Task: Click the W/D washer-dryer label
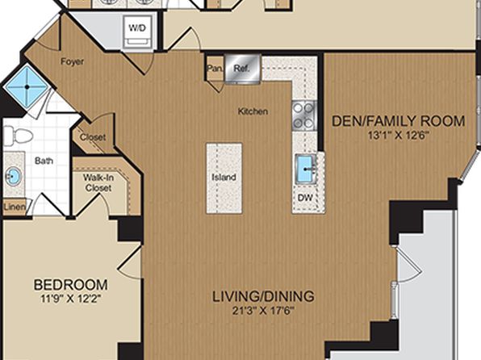click(x=137, y=28)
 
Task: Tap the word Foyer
click(x=72, y=61)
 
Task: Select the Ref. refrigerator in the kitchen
click(x=242, y=69)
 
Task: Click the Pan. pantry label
click(x=215, y=69)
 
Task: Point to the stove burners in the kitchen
click(x=303, y=115)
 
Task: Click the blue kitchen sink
click(x=305, y=169)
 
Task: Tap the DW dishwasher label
click(x=305, y=198)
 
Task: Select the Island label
click(x=224, y=177)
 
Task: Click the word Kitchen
click(x=253, y=111)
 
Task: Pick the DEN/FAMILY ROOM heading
click(x=399, y=121)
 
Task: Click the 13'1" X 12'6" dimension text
click(x=398, y=136)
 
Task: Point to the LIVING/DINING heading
click(x=264, y=296)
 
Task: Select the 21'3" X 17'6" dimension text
click(x=263, y=311)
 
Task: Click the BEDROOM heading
click(x=70, y=285)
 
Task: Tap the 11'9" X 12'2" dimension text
click(x=70, y=299)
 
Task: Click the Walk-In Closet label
click(x=98, y=182)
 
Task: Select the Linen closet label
click(x=15, y=207)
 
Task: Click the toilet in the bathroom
click(x=18, y=136)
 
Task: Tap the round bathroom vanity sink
click(x=13, y=176)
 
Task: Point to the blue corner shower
click(x=27, y=87)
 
